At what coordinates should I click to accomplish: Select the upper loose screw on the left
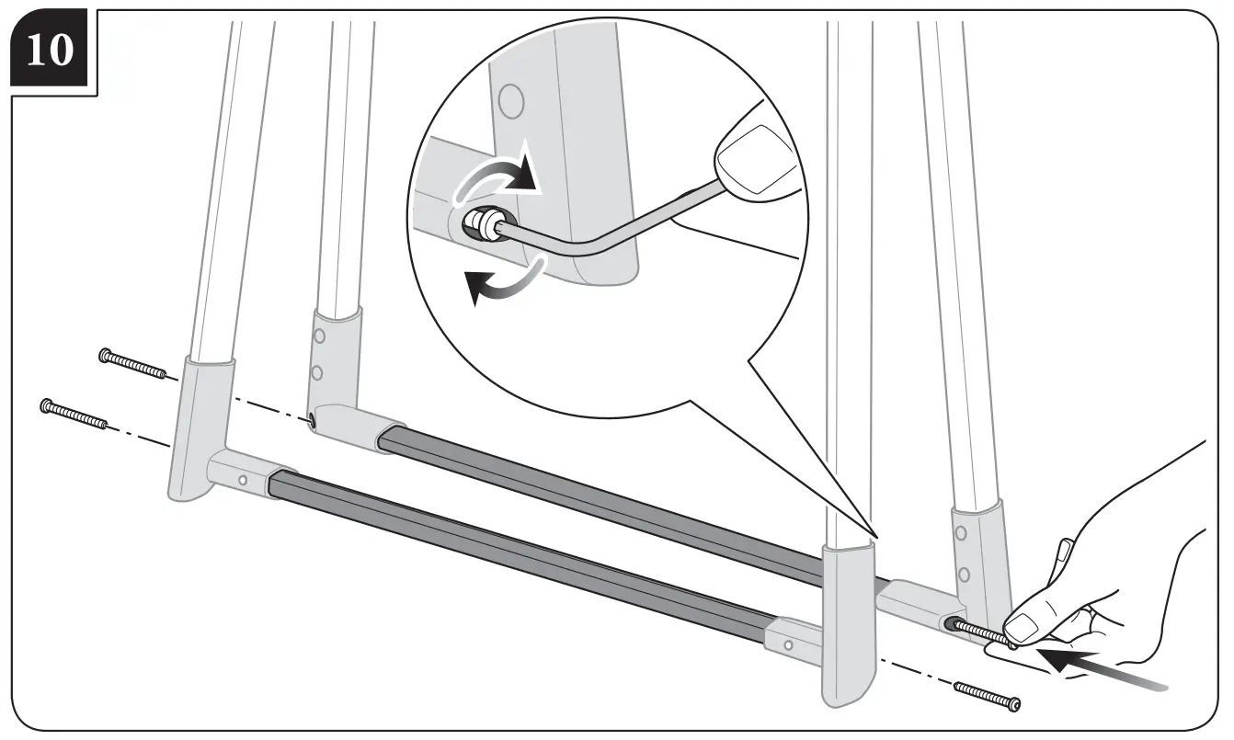point(133,366)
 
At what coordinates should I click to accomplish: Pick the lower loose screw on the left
point(74,414)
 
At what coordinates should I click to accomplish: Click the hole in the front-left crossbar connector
point(242,479)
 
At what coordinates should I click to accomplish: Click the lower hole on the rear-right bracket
point(963,575)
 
